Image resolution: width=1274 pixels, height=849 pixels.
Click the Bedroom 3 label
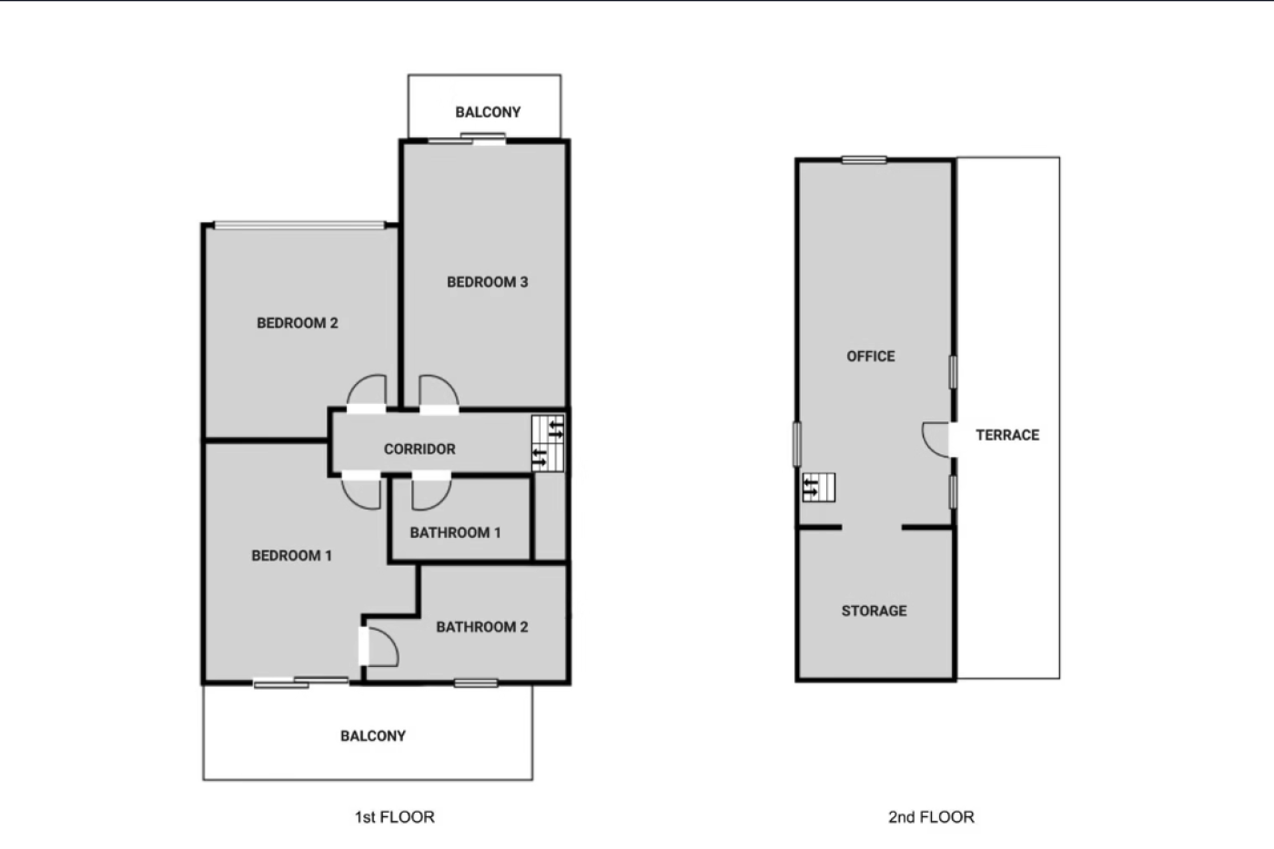488,282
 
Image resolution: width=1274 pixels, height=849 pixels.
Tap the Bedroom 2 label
298,323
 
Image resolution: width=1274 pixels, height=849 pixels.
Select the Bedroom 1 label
292,556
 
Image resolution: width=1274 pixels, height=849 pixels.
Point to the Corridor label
420,450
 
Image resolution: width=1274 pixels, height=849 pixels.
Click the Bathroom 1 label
456,533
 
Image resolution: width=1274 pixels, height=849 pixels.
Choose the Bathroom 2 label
482,627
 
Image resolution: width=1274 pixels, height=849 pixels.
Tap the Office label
871,357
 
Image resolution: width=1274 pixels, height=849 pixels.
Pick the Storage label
875,611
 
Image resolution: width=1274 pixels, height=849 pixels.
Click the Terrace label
1008,435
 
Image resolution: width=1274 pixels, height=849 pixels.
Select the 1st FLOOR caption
395,817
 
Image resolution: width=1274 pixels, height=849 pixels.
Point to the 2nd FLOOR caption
931,817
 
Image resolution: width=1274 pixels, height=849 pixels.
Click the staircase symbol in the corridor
548,443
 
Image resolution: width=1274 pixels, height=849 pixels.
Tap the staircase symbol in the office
819,488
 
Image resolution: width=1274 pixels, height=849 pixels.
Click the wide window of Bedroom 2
299,225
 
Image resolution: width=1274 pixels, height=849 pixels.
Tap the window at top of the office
864,160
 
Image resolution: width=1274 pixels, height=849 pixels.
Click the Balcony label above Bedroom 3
488,112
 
